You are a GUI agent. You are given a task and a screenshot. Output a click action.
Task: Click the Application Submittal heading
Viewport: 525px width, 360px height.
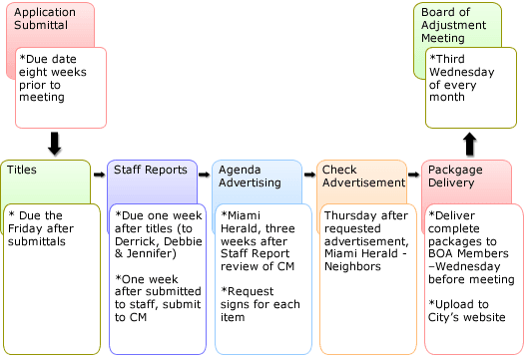tap(45, 18)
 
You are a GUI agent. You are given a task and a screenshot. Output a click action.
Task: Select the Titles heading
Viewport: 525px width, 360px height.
tap(22, 171)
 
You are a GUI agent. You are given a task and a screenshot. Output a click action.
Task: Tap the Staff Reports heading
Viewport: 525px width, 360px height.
tap(150, 171)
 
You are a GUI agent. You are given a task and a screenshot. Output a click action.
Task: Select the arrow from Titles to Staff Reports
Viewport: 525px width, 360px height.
tap(99, 174)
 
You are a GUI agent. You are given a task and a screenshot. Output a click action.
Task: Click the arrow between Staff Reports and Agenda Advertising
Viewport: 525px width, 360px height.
tap(204, 174)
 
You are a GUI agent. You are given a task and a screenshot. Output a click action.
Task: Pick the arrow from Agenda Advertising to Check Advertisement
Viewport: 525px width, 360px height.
tap(308, 174)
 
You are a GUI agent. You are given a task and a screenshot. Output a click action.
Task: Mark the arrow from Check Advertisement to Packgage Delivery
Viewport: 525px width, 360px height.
tap(413, 174)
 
